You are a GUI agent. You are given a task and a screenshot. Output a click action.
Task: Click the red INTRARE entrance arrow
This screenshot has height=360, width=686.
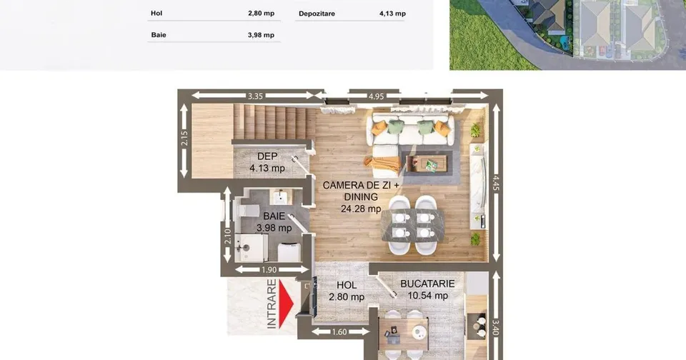[x=286, y=304]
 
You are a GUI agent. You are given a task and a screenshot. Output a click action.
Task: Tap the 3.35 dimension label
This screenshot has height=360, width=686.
[x=255, y=96]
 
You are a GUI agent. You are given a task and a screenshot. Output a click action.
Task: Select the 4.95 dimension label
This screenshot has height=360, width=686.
[x=376, y=96]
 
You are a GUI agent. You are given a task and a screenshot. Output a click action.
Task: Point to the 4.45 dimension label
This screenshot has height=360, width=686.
[x=496, y=184]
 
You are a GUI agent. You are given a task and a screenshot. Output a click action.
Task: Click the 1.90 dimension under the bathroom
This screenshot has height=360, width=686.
[x=269, y=270]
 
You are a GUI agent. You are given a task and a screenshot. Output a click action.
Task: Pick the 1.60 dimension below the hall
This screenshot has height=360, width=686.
[x=339, y=332]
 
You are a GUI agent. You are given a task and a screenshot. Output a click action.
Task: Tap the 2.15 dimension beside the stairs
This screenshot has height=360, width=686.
[x=184, y=139]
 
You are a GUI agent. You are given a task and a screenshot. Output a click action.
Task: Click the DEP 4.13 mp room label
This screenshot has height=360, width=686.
[x=267, y=162]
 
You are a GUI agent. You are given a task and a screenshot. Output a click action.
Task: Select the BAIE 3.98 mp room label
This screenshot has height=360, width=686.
[x=274, y=221]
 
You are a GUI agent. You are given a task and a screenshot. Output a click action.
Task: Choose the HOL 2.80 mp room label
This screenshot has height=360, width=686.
[x=347, y=291]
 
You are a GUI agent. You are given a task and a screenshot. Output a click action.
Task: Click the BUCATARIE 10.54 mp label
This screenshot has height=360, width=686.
[x=427, y=289]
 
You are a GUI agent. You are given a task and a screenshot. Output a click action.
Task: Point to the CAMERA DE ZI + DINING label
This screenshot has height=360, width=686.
[x=361, y=191]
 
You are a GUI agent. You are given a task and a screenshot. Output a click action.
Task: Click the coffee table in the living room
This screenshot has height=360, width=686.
[x=427, y=164]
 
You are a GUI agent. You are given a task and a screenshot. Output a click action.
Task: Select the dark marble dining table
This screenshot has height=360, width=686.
[x=412, y=225]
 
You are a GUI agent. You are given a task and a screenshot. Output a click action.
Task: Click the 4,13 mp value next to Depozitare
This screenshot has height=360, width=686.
[x=392, y=14]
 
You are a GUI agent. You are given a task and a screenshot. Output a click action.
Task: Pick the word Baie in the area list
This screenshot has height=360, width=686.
[x=159, y=35]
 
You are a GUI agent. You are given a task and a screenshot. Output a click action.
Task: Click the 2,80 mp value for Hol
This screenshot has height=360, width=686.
[x=262, y=13]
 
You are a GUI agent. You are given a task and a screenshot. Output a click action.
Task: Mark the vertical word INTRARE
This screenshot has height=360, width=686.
[x=272, y=304]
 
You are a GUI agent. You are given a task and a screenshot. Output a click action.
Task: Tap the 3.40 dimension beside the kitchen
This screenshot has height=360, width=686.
[x=496, y=328]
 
